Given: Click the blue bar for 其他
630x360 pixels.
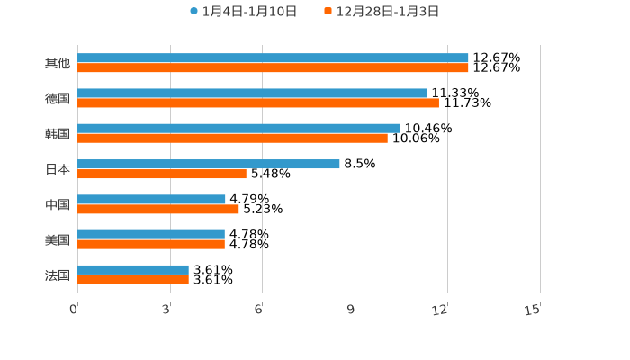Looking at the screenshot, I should pyautogui.click(x=273, y=58).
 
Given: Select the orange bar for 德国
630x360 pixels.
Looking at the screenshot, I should pyautogui.click(x=258, y=103).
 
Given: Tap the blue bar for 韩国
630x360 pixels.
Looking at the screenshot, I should pyautogui.click(x=238, y=129).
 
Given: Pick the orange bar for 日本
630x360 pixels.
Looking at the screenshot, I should pyautogui.click(x=162, y=174).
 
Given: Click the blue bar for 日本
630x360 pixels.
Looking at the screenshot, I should pyautogui.click(x=209, y=164).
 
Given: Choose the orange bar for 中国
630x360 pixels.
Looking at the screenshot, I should pyautogui.click(x=158, y=209).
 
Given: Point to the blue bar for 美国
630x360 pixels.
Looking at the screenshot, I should pyautogui.click(x=151, y=234).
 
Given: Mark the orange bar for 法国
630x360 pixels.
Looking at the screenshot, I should pyautogui.click(x=133, y=280).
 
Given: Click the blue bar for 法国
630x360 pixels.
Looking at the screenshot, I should pyautogui.click(x=133, y=269).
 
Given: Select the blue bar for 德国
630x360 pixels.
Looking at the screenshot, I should pyautogui.click(x=252, y=93).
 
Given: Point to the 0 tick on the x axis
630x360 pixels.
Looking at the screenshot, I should pyautogui.click(x=75, y=310).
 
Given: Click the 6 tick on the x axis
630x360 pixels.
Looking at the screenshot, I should pyautogui.click(x=259, y=310).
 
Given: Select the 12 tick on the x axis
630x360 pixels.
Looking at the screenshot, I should pyautogui.click(x=440, y=310).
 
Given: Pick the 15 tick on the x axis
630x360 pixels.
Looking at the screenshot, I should pyautogui.click(x=533, y=310).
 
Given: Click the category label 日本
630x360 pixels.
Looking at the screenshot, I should pyautogui.click(x=58, y=169).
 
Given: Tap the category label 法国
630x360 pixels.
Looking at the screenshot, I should pyautogui.click(x=58, y=274).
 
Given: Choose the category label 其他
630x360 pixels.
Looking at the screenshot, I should pyautogui.click(x=58, y=63).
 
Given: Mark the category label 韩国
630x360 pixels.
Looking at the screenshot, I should pyautogui.click(x=58, y=133).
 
